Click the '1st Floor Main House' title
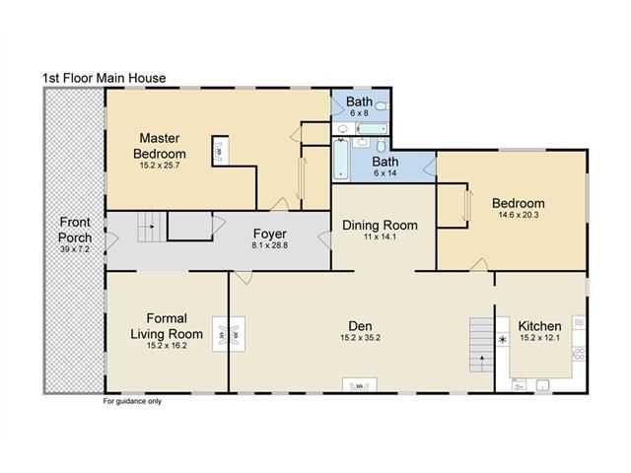point(105,78)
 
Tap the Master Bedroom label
point(160,146)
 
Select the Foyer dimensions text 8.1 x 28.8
point(269,245)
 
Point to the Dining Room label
point(380,226)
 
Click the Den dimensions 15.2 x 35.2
point(360,338)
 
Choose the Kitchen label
point(539,326)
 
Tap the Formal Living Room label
point(167,326)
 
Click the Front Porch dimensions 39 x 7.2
point(75,249)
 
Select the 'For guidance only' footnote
point(132,401)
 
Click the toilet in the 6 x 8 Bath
point(381,106)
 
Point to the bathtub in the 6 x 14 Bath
point(341,160)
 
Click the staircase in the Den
point(481,345)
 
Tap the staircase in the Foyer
point(152,228)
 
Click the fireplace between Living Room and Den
point(229,335)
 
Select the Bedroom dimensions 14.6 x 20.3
point(519,215)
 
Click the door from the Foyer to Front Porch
point(110,240)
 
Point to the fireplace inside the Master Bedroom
point(221,151)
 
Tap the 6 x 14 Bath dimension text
point(386,173)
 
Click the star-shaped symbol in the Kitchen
point(502,340)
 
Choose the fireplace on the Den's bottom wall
point(359,384)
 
